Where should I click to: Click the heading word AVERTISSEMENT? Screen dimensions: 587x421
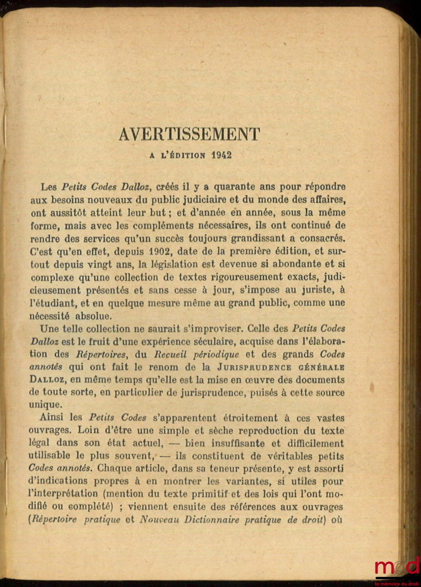coord(189,135)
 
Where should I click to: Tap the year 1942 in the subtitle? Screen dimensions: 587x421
coord(221,155)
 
